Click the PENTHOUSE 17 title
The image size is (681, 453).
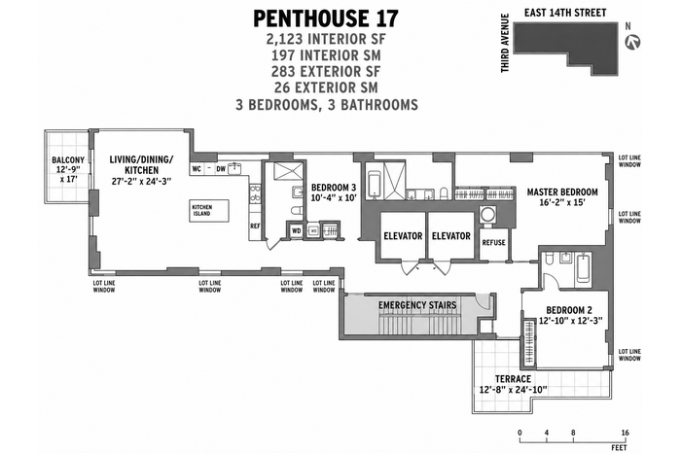click(x=325, y=18)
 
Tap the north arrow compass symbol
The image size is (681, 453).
click(x=632, y=42)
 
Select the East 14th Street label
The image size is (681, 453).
click(x=565, y=13)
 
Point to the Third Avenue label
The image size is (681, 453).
click(x=505, y=43)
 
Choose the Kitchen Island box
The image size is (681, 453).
click(x=209, y=211)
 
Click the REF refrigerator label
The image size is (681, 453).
click(x=255, y=226)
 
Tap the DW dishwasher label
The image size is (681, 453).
click(x=221, y=169)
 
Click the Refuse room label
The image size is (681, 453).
click(x=494, y=243)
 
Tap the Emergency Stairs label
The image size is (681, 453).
click(x=417, y=305)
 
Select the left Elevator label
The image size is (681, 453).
click(x=403, y=236)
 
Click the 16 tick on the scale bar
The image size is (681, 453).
click(x=625, y=433)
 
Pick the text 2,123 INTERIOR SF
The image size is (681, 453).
click(x=326, y=39)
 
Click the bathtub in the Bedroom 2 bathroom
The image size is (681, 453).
click(x=583, y=270)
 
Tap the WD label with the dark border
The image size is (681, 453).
click(x=296, y=230)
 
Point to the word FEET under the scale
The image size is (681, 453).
click(x=619, y=447)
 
